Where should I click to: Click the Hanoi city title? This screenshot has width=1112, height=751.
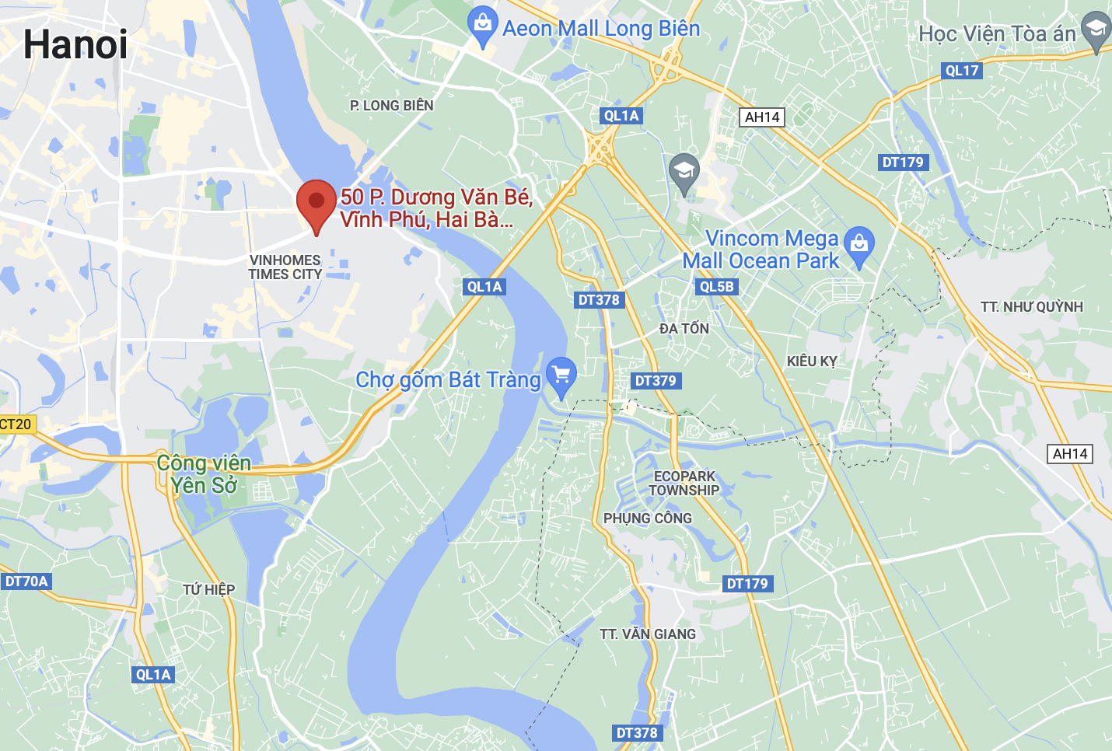point(75,44)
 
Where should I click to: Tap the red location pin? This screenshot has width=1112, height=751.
point(316,204)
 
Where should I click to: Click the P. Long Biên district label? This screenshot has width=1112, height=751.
point(392,106)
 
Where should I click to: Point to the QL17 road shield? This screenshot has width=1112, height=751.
point(962,71)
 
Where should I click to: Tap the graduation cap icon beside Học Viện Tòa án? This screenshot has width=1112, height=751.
point(1096,31)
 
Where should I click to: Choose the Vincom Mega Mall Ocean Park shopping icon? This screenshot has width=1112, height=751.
point(859,246)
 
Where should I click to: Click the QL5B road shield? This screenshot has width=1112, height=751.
point(716,287)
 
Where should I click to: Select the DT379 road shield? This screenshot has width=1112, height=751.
point(656,381)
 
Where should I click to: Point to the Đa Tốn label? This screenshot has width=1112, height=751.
point(684,329)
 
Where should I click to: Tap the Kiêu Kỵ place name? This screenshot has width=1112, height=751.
point(812,362)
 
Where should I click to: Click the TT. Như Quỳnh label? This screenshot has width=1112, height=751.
point(1031,307)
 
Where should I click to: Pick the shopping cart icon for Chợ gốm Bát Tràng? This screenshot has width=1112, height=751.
point(561,375)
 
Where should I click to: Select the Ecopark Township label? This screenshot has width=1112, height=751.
point(684,483)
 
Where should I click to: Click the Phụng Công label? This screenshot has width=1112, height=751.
point(648,519)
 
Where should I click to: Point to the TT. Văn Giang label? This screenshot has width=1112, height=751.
point(648,634)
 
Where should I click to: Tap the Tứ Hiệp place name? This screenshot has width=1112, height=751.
point(208,590)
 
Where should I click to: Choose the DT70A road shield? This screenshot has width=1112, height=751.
point(26,582)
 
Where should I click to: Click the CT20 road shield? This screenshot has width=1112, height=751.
point(16,424)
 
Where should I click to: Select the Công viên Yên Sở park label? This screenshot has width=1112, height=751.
point(204,474)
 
